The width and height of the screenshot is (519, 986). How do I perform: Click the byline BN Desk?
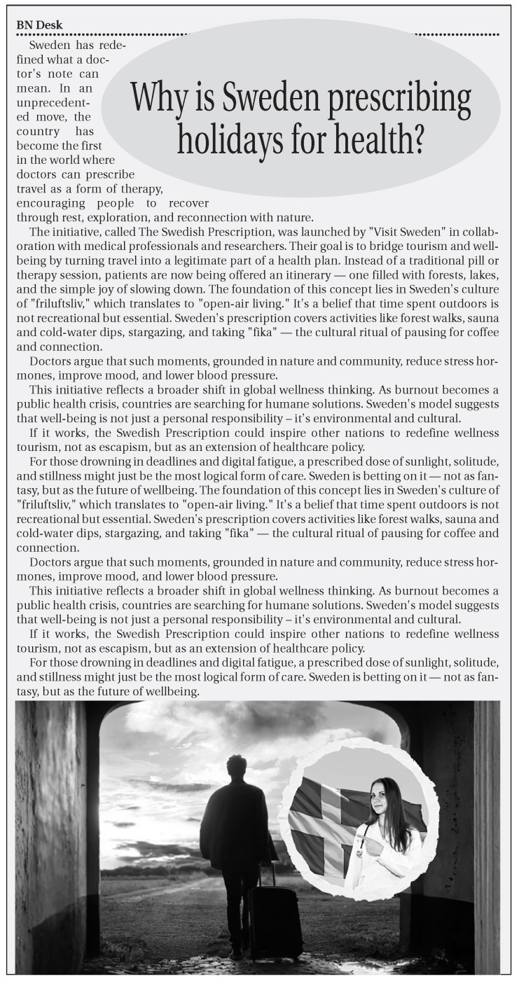click(40, 25)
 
